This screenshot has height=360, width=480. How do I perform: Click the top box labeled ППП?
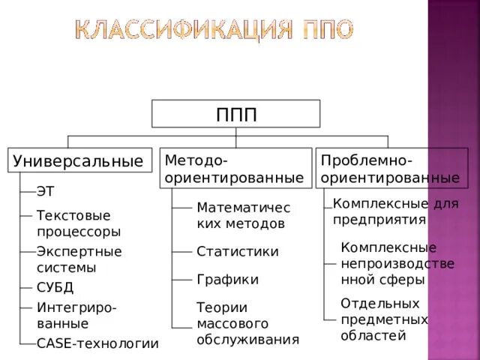coord(236,113)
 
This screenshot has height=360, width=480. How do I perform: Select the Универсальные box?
coord(78,160)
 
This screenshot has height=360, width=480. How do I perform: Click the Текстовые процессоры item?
coord(78,223)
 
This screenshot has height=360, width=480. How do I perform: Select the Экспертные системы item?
coord(79,259)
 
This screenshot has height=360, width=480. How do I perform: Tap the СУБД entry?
coord(55,287)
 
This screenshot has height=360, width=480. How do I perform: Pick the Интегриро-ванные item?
coord(76,315)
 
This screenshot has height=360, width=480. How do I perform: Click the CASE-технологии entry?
coord(97,343)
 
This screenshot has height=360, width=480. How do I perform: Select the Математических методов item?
coord(243,214)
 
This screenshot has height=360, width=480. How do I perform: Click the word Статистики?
coord(237,251)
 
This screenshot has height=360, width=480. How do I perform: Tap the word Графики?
coord(227,280)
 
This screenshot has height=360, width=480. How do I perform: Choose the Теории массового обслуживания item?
coord(247,323)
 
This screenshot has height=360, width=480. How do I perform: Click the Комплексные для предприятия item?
coord(390,211)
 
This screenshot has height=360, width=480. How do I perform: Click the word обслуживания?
coord(247,340)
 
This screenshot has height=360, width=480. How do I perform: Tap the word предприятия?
coord(379,220)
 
